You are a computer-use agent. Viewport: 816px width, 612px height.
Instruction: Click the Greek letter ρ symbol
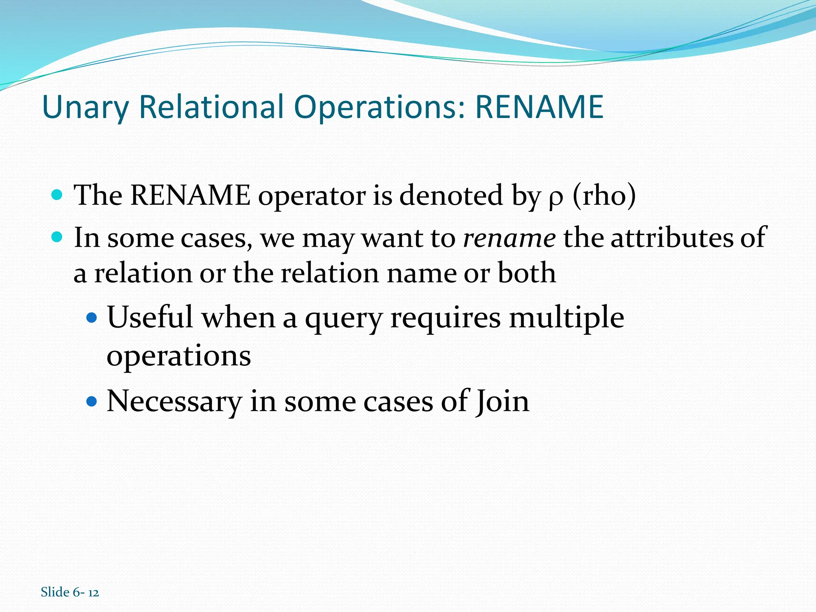point(556,198)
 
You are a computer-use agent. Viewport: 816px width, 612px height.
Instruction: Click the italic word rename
point(509,238)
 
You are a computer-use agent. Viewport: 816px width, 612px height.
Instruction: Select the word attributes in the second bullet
point(672,238)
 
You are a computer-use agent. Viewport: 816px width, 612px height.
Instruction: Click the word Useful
point(150,318)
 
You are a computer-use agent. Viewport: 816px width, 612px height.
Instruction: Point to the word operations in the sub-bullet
point(178,356)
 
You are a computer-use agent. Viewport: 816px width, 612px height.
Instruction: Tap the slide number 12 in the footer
point(93,593)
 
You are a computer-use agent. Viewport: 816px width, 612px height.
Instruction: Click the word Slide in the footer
point(55,592)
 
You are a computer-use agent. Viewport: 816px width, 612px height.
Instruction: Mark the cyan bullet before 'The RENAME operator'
point(57,195)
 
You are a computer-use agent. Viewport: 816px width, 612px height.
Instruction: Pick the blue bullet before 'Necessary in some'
point(92,401)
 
